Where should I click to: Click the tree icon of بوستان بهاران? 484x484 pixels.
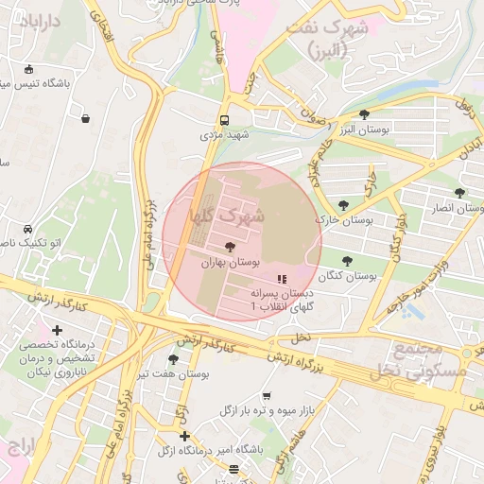tap(233, 246)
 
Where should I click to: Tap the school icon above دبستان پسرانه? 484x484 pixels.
tap(281, 279)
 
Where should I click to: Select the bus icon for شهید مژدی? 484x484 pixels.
tap(224, 120)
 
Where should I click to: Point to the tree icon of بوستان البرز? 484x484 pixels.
tap(365, 114)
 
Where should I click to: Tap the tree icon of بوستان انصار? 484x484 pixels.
tap(459, 193)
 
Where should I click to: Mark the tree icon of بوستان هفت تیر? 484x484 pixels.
tap(172, 359)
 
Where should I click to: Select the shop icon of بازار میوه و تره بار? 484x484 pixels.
tap(267, 395)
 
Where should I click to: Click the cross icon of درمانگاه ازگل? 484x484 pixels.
tap(184, 436)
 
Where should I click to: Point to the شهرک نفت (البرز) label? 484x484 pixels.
tap(326, 39)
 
